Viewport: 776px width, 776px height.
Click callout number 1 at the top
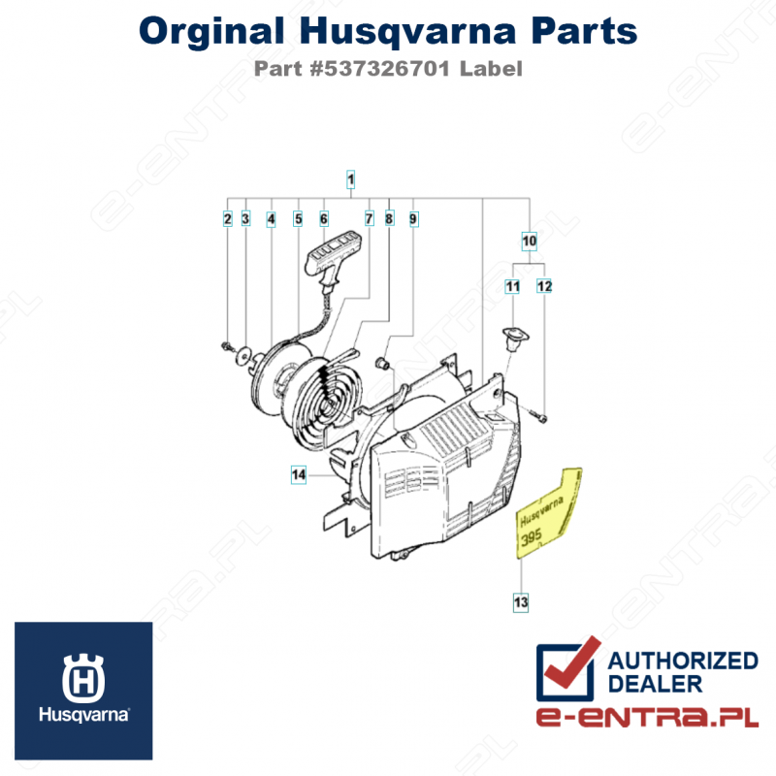pyautogui.click(x=350, y=179)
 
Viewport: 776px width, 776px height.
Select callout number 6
pyautogui.click(x=324, y=219)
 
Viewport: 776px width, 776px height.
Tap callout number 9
pyautogui.click(x=413, y=219)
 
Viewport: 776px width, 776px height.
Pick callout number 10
pyautogui.click(x=529, y=241)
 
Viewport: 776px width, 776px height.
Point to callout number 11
pyautogui.click(x=512, y=286)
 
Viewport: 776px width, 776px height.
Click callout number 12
pyautogui.click(x=544, y=286)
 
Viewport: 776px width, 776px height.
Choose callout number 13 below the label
pyautogui.click(x=521, y=602)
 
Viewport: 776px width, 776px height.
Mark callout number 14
pyautogui.click(x=299, y=475)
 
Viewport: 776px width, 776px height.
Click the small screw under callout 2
pyautogui.click(x=228, y=346)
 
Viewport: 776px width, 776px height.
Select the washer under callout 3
pyautogui.click(x=243, y=355)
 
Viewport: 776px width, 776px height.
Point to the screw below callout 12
pyautogui.click(x=538, y=417)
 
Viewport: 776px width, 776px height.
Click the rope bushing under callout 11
pyautogui.click(x=515, y=338)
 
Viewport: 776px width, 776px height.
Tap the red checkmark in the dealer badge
pyautogui.click(x=573, y=663)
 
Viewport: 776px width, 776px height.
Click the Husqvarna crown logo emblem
pyautogui.click(x=83, y=678)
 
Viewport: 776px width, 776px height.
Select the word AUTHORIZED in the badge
pyautogui.click(x=683, y=661)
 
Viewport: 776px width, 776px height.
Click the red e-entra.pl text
pyautogui.click(x=647, y=717)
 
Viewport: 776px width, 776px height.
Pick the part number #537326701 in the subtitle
pyautogui.click(x=380, y=69)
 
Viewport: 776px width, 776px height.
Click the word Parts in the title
pyautogui.click(x=584, y=31)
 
